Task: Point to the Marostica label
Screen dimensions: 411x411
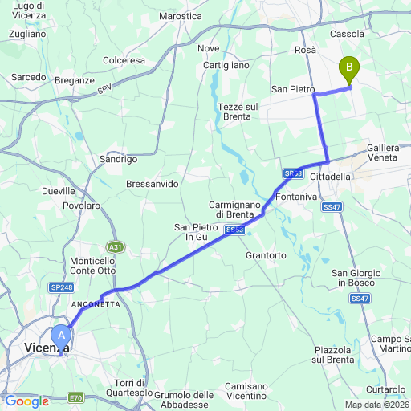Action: (x=181, y=16)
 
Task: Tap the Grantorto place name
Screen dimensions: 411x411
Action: (x=266, y=255)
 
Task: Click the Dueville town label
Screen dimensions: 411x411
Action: (x=59, y=191)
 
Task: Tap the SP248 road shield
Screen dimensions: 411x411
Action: (x=61, y=287)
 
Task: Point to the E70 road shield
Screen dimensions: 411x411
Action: (x=76, y=397)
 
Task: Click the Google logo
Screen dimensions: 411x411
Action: (x=26, y=401)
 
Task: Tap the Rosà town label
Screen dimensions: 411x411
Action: (x=305, y=50)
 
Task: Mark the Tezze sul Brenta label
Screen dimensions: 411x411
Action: (x=238, y=112)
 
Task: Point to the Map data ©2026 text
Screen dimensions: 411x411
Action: (x=376, y=404)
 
